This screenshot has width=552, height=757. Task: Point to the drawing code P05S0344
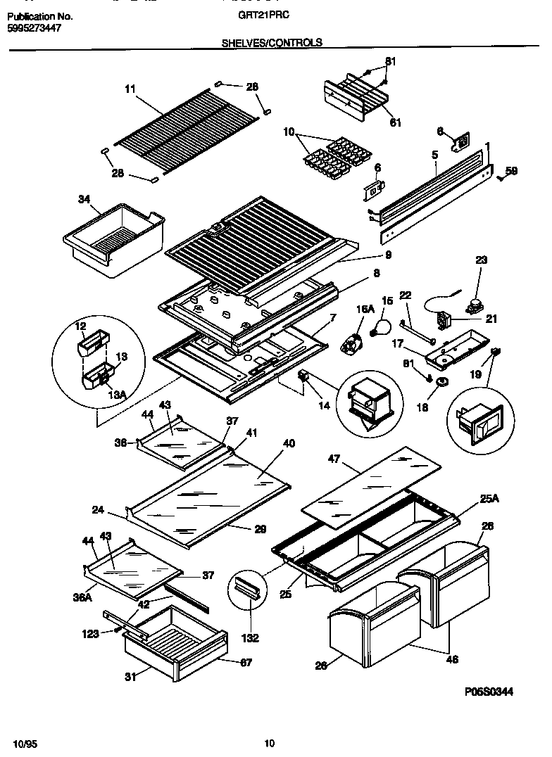coord(489,692)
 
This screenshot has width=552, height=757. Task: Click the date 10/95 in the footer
coord(23,744)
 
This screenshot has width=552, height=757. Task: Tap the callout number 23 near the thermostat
coord(481,259)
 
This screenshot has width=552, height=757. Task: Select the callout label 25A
coord(489,499)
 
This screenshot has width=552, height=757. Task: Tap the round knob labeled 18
coord(442,381)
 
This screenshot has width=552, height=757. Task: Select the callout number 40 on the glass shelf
coord(289,444)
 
